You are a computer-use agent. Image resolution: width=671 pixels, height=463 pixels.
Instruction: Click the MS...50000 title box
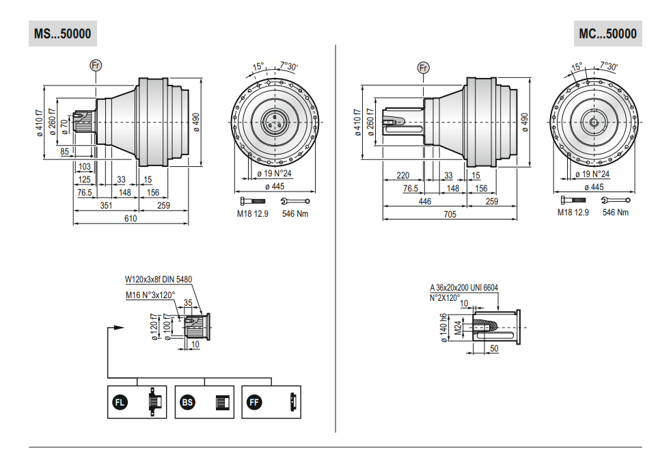pos(63,34)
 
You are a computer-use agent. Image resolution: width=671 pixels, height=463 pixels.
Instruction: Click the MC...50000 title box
pos(607,34)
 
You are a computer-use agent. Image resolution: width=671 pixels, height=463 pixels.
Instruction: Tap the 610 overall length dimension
pos(131,218)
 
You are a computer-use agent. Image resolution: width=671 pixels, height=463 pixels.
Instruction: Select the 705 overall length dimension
pos(450,214)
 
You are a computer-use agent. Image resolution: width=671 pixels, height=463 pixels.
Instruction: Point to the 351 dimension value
pos(106,206)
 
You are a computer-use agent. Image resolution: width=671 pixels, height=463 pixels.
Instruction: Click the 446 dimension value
pos(424,201)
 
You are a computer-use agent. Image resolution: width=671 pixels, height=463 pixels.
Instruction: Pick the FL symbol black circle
pos(120,402)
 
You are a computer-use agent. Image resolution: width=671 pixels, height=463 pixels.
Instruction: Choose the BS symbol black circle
pos(187,402)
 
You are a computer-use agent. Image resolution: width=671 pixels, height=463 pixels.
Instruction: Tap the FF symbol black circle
pos(254,402)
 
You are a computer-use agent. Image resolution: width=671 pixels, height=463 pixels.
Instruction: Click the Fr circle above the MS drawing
pos(96,65)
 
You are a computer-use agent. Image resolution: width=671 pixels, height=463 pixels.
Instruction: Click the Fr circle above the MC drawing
pos(423,68)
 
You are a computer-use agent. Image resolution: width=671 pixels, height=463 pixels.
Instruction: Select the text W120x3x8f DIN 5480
pos(159,279)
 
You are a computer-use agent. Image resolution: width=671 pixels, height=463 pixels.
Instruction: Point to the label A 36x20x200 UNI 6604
pos(464,288)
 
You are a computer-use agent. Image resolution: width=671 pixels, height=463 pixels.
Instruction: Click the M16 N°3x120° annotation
pos(150,295)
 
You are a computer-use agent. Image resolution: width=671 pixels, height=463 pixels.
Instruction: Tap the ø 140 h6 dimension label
pos(443,328)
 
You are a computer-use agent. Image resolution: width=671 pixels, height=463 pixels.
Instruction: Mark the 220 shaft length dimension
pos(402,175)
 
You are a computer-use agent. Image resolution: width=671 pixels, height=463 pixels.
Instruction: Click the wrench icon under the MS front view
pos(295,201)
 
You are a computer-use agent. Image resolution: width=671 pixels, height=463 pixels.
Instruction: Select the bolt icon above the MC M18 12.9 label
pos(573,200)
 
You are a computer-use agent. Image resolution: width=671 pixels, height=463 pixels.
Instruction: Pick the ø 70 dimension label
pos(64,127)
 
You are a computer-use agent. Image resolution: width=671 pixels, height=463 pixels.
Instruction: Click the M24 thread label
pos(458,328)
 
